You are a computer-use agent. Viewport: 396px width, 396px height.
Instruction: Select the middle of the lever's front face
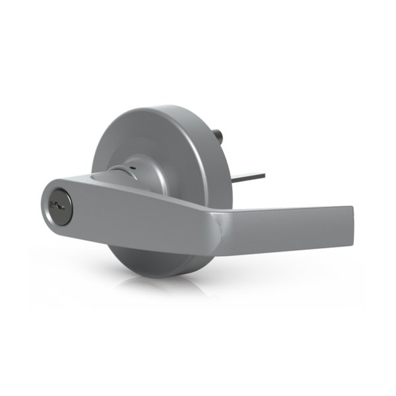click(x=132, y=218)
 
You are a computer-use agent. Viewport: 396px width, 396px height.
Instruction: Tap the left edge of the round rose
click(x=92, y=158)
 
